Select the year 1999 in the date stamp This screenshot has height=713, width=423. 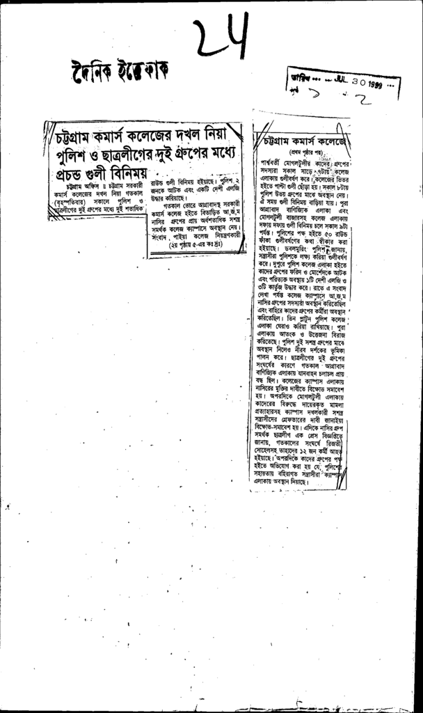pos(380,83)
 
